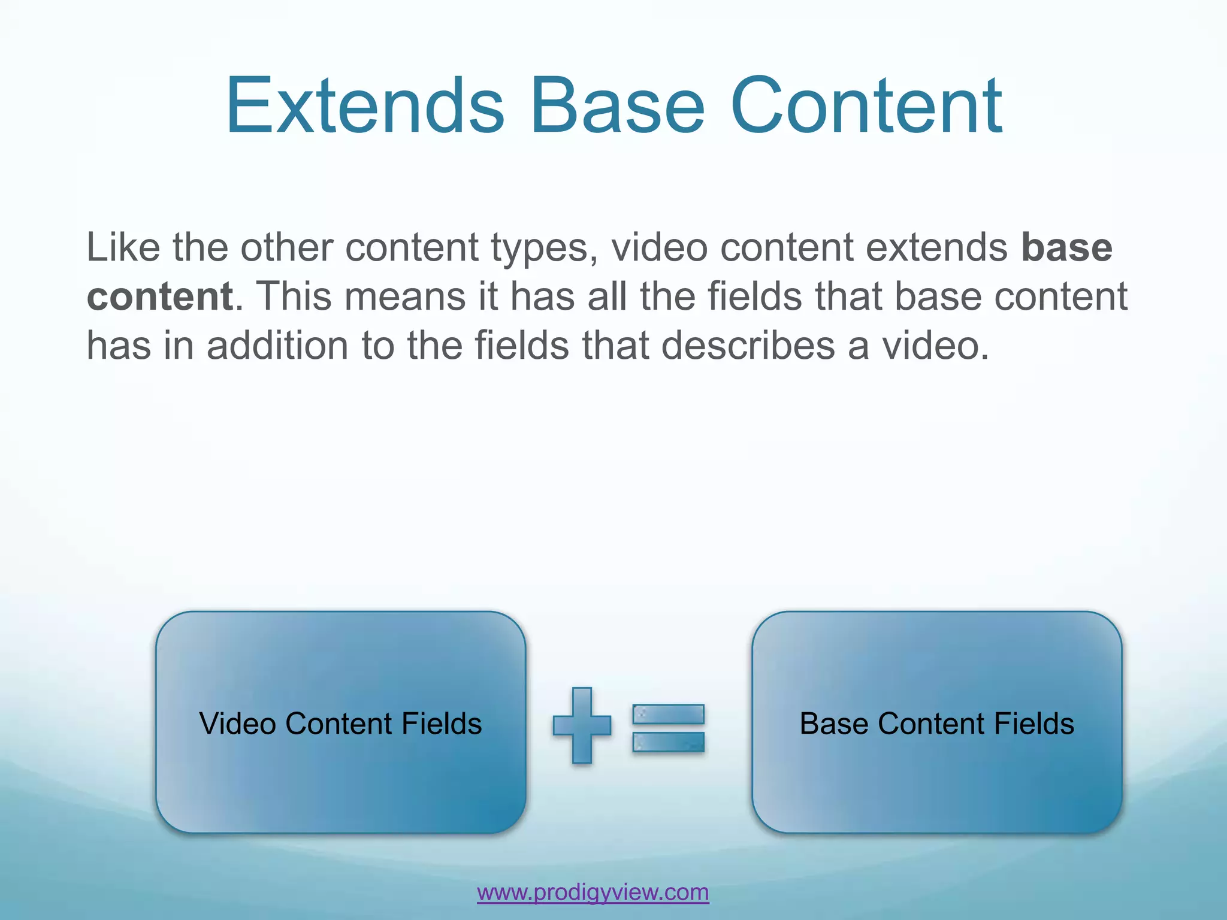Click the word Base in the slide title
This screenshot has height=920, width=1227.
618,106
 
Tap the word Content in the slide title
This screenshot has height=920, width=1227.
866,106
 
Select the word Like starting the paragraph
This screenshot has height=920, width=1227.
123,247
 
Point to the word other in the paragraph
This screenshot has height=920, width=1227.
286,247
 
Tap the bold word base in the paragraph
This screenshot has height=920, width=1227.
1066,247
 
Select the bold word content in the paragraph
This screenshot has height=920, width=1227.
160,296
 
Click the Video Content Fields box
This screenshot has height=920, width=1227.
340,779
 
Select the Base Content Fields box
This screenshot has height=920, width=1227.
936,779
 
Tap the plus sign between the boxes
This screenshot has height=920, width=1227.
582,725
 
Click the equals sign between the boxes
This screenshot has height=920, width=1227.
668,728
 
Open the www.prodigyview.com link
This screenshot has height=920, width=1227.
593,892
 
